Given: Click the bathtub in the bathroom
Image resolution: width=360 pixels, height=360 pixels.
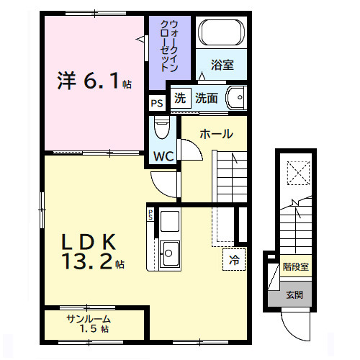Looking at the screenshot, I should [x=222, y=32].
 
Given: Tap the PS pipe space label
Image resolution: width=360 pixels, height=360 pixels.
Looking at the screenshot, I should [x=156, y=103].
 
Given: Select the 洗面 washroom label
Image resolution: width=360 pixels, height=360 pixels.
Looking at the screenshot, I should [x=207, y=99].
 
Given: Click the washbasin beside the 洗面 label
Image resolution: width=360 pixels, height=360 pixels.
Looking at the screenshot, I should [x=235, y=98].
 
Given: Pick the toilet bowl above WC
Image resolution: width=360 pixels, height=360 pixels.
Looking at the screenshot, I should [x=162, y=130].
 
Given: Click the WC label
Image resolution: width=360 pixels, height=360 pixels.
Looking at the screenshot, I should [x=162, y=156].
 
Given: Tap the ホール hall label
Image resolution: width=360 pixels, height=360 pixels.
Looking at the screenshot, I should [x=215, y=134].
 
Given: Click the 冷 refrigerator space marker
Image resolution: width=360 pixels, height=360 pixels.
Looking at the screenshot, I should [x=234, y=258].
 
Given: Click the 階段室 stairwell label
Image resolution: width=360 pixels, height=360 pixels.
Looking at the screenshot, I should [x=295, y=267].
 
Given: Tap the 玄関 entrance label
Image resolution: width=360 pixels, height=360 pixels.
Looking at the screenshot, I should [x=294, y=294].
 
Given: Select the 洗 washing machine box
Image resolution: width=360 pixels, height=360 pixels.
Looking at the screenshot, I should [x=179, y=99].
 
